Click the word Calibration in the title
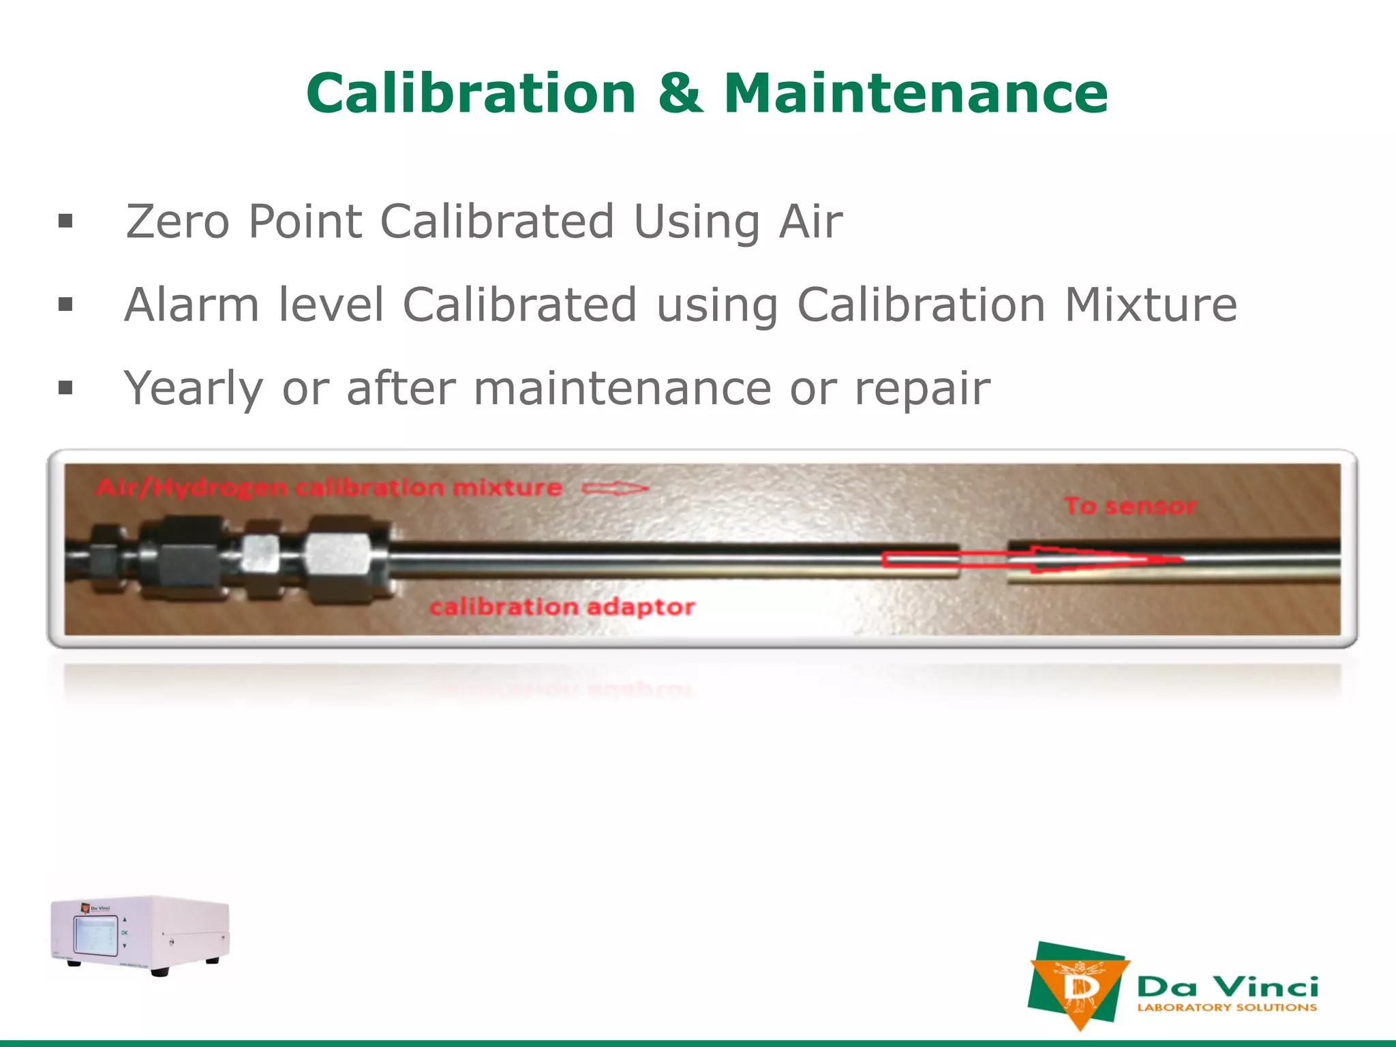click(471, 93)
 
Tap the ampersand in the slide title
click(680, 93)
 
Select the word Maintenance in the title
click(915, 93)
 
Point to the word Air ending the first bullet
click(810, 222)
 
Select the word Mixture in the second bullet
click(1151, 305)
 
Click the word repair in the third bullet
click(922, 389)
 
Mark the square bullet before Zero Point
click(65, 221)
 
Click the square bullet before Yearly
click(65, 389)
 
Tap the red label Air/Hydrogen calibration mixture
click(329, 488)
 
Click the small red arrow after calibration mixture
click(615, 488)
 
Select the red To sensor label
click(1130, 506)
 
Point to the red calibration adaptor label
click(562, 606)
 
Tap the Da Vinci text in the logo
click(1227, 986)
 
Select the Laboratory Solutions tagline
click(1227, 1007)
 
